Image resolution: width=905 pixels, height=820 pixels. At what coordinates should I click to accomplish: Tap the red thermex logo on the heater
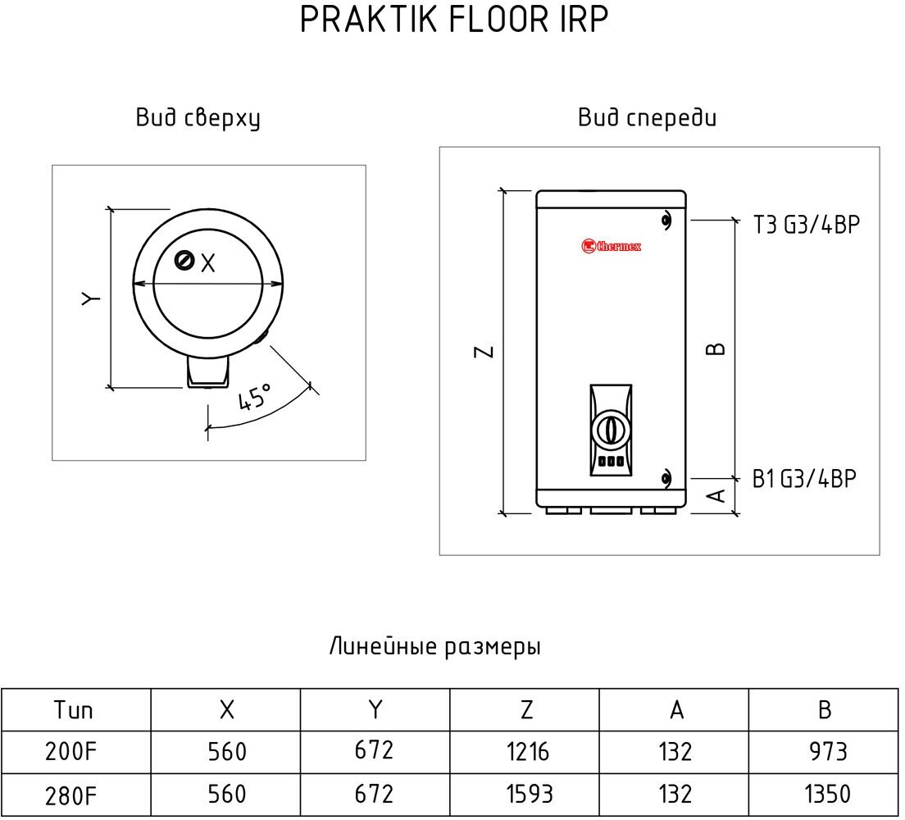coord(611,245)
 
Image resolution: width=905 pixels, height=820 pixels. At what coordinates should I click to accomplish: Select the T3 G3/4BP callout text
coord(807,225)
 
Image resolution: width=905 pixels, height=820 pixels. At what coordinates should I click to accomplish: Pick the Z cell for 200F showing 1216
coord(526,750)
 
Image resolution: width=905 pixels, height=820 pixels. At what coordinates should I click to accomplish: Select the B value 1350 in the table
coord(825,794)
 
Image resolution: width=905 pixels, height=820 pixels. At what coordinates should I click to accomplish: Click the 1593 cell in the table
coord(526,794)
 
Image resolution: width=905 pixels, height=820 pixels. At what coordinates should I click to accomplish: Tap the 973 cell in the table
coord(825,750)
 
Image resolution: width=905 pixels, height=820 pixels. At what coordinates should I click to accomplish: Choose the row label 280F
coord(74,794)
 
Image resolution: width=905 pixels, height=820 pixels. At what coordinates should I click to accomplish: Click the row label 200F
coord(74,750)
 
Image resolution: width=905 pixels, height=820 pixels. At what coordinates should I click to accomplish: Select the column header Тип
coord(74,709)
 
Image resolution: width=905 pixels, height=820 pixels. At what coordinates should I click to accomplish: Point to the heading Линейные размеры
coord(434,647)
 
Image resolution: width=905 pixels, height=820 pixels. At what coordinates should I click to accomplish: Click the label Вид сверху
coord(198,119)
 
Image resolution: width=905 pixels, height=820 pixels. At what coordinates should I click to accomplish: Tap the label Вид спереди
coord(647,119)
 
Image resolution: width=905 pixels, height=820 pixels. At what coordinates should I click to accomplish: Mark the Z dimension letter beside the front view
coord(485,351)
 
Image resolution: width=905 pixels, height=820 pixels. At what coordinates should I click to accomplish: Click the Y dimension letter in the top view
coord(92,297)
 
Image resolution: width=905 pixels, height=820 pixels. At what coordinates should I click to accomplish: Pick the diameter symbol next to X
coord(184,262)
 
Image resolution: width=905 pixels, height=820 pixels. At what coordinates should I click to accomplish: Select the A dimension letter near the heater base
coord(716,495)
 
